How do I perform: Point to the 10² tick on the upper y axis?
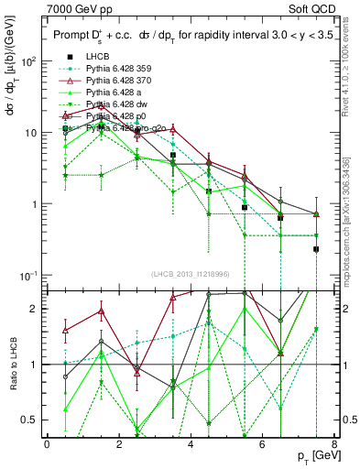27,61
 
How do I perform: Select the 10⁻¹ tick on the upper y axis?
27,275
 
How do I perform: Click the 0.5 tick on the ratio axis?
29,420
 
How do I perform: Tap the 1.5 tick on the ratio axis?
29,336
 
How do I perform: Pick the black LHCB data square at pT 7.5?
316,249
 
